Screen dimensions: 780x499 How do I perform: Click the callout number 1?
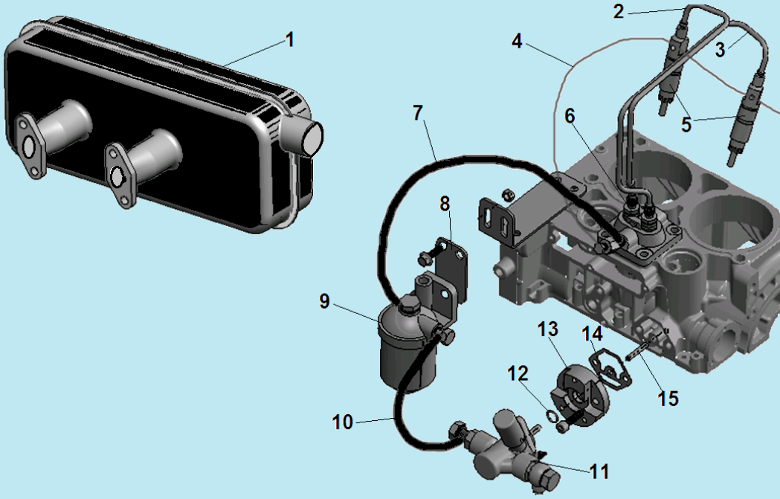coord(290,40)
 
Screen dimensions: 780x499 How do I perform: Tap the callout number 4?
coord(518,42)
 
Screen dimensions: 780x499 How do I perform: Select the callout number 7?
coord(418,113)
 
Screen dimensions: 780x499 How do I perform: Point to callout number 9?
coord(324,301)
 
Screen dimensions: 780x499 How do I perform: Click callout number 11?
coord(599,471)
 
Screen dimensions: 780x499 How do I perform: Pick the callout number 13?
coord(548,329)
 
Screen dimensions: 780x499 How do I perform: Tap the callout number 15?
coord(668,399)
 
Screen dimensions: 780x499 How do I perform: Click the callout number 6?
coord(570,117)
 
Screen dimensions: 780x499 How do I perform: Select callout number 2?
coord(619,11)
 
